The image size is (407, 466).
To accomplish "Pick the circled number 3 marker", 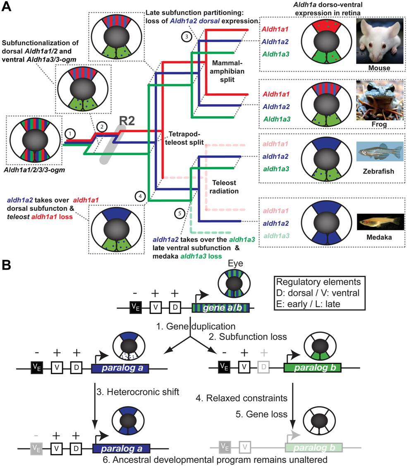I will point(187,36).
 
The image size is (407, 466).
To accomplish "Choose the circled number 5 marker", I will point(178,214).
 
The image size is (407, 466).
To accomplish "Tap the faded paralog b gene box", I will point(313,447).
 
